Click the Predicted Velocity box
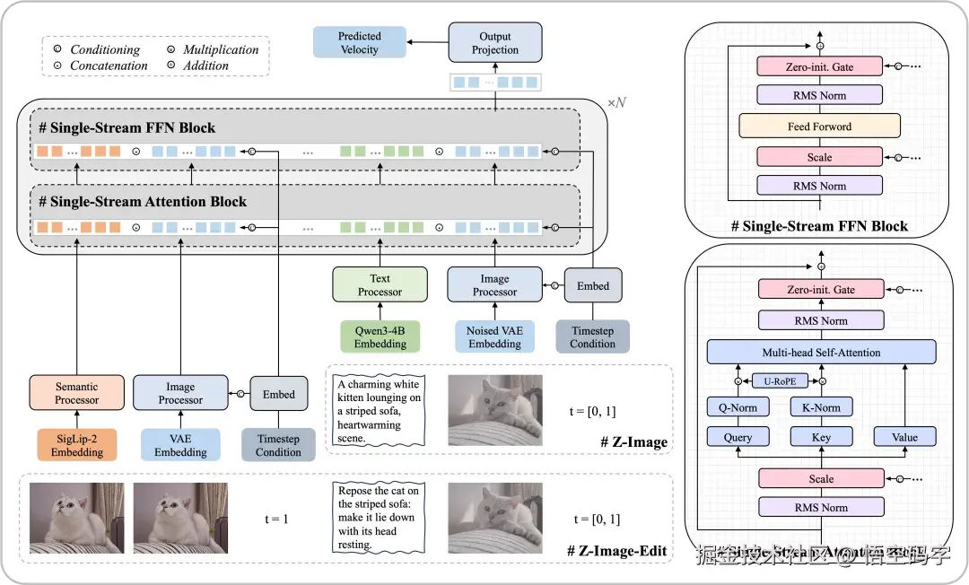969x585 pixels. [359, 43]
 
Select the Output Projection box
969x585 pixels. [495, 43]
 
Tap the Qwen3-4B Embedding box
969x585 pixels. [380, 337]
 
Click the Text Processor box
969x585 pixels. [380, 284]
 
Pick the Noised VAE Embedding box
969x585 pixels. [494, 337]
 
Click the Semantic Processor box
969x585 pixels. [77, 393]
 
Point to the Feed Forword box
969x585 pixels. [819, 127]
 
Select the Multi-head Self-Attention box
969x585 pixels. [821, 352]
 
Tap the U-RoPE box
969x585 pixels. [779, 380]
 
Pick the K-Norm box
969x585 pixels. [821, 407]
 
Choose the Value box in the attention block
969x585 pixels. [904, 437]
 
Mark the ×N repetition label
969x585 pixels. [616, 103]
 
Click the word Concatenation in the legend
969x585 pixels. [109, 65]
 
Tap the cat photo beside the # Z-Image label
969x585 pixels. [494, 410]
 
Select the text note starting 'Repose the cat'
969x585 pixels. [377, 518]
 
